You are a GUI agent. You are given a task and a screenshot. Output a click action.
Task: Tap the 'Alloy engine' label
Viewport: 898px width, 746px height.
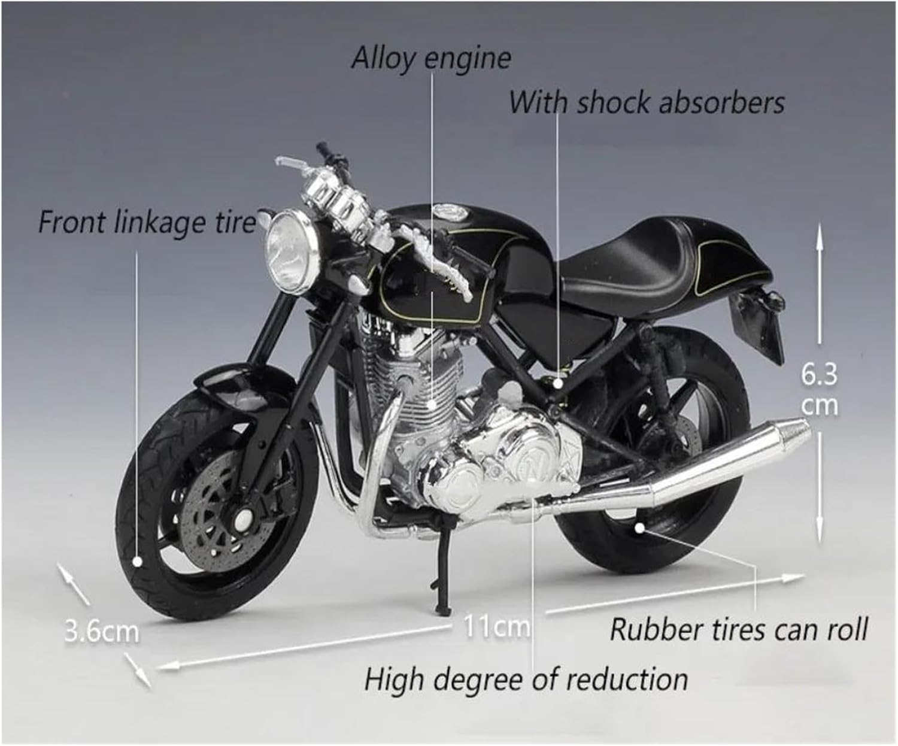(431, 58)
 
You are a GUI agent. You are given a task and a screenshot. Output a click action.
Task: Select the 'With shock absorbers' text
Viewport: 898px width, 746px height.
(646, 102)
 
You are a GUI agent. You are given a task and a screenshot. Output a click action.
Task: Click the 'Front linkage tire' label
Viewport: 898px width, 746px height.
(147, 222)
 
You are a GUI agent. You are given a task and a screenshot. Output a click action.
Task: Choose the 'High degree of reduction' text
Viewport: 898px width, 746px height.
(526, 679)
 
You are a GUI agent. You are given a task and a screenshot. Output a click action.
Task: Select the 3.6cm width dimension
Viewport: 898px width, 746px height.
(101, 631)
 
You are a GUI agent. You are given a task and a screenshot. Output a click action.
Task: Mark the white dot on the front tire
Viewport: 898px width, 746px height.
(137, 562)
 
